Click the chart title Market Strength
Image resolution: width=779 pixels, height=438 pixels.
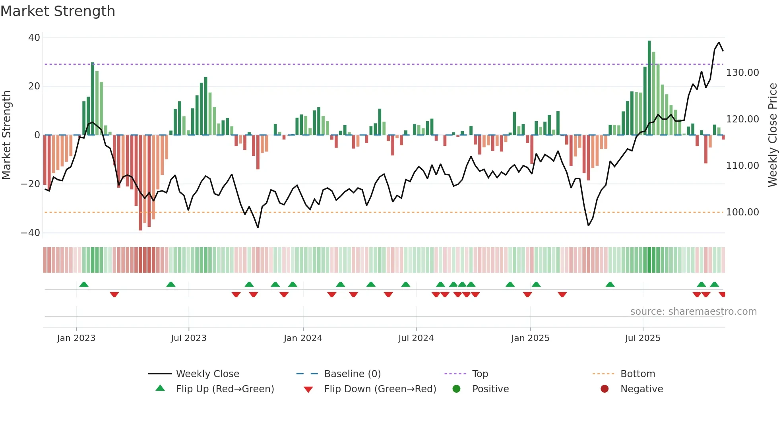[58, 11]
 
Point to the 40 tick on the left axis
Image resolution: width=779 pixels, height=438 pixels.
[34, 38]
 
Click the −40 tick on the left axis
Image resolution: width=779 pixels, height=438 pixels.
[31, 233]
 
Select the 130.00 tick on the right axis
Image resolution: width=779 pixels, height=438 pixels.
[742, 73]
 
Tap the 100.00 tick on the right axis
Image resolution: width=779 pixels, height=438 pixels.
[742, 212]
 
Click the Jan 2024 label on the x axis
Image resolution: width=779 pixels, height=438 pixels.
[303, 338]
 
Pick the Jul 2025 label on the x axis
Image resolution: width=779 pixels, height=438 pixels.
[643, 338]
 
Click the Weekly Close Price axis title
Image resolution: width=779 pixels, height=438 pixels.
[772, 135]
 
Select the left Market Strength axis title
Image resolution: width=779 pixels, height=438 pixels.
[7, 135]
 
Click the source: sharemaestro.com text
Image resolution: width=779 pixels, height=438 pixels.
[693, 312]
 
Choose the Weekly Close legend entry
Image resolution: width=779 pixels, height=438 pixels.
[207, 374]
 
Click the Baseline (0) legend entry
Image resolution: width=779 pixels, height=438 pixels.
[352, 374]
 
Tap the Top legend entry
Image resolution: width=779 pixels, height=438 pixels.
[480, 374]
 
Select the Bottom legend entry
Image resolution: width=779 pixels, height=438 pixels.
[638, 374]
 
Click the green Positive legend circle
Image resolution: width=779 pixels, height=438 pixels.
[456, 389]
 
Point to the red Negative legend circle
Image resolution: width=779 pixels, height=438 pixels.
[605, 389]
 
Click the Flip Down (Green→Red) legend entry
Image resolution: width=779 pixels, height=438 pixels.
[380, 389]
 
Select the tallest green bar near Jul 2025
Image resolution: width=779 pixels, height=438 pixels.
[649, 87]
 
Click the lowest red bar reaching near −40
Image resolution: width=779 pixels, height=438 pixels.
[140, 183]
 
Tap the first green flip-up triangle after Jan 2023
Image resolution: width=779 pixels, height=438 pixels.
[84, 285]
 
